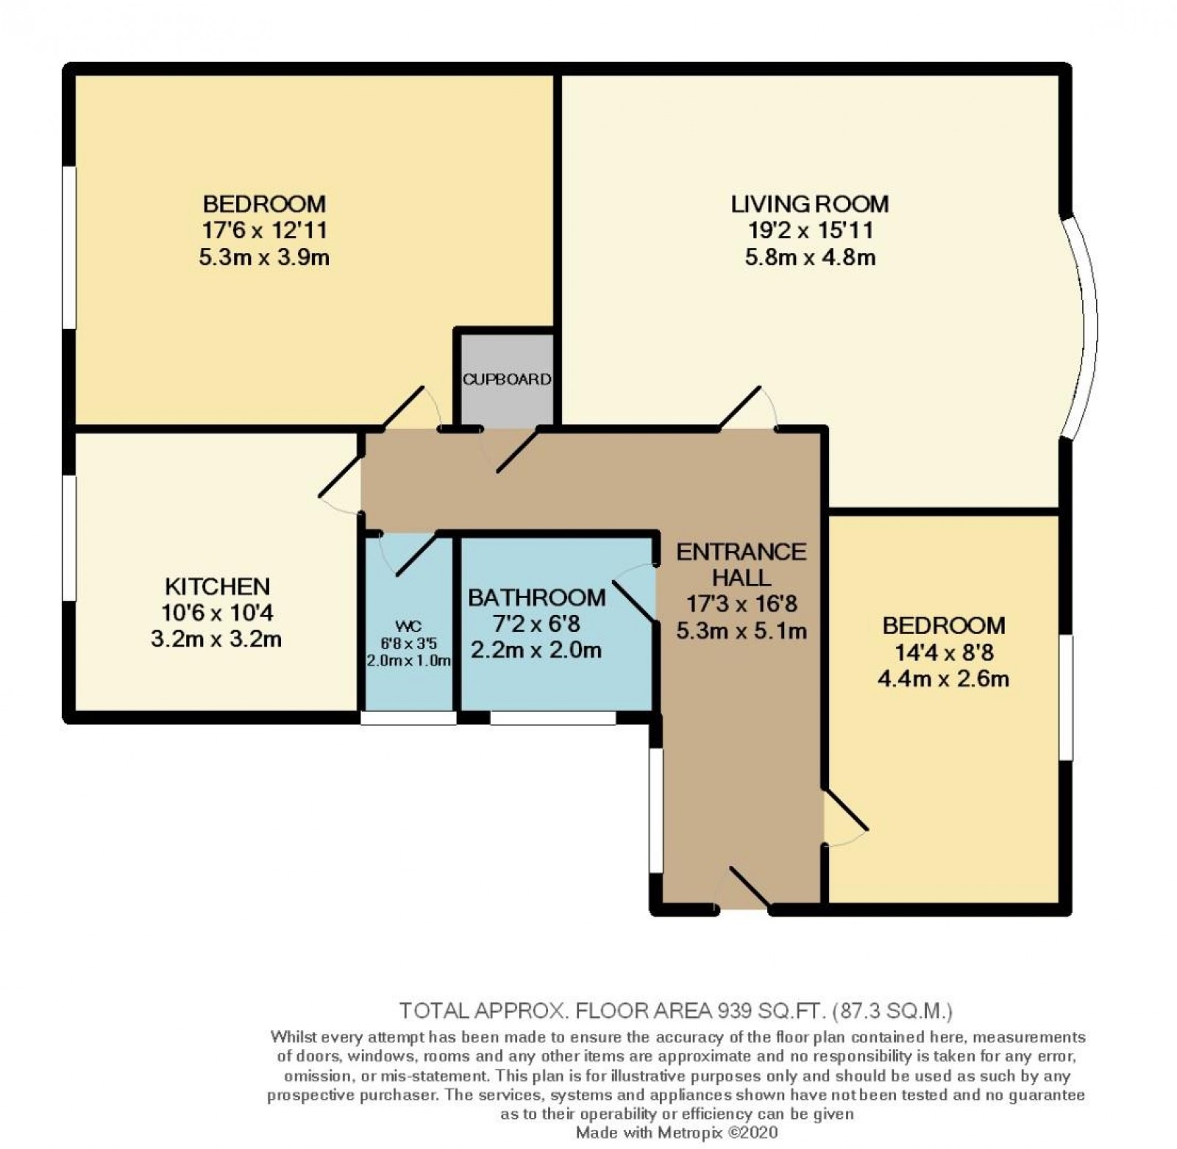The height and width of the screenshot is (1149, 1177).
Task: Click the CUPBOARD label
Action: point(507,380)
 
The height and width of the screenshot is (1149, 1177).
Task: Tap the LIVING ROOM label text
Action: point(809,203)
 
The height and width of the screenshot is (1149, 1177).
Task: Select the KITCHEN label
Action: point(217,586)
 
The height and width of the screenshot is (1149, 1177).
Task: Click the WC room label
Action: point(408,626)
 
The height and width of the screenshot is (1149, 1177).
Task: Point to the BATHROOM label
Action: point(537,597)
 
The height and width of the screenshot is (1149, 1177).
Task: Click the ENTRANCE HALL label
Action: point(741,563)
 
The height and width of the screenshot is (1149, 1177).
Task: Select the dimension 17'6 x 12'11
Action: point(264,230)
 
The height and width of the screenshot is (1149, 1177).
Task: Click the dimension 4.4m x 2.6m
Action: point(943,678)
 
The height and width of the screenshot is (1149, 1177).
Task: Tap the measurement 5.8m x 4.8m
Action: point(809,257)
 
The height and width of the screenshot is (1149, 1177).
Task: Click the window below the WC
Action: point(408,718)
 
